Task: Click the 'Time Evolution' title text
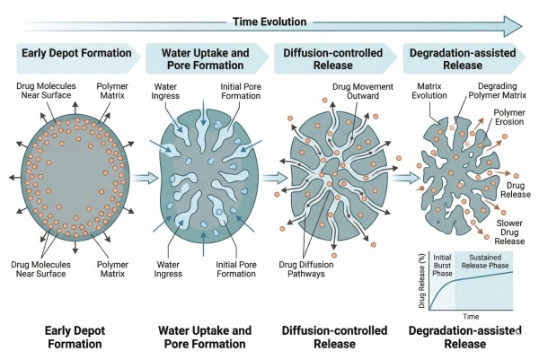click(x=269, y=22)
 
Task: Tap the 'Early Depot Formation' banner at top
click(x=77, y=58)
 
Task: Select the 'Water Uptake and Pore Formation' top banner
click(x=207, y=58)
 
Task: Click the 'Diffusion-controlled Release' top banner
click(x=335, y=58)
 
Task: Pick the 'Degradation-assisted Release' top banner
click(x=464, y=58)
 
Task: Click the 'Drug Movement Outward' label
click(x=363, y=91)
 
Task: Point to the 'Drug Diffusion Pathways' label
click(x=306, y=269)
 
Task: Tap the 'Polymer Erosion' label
click(x=509, y=117)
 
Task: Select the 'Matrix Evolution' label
click(x=429, y=91)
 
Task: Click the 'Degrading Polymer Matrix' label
click(x=498, y=91)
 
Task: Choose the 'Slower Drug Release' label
click(x=509, y=232)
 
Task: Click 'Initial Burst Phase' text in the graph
click(x=442, y=265)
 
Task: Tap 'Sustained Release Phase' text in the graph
click(x=485, y=261)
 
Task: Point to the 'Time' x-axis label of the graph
click(x=471, y=316)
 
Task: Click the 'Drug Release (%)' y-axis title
click(x=422, y=281)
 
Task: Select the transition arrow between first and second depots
click(x=145, y=178)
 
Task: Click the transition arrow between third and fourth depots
click(x=406, y=178)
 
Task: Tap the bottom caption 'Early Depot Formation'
click(x=75, y=337)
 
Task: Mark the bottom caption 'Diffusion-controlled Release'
click(x=334, y=337)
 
